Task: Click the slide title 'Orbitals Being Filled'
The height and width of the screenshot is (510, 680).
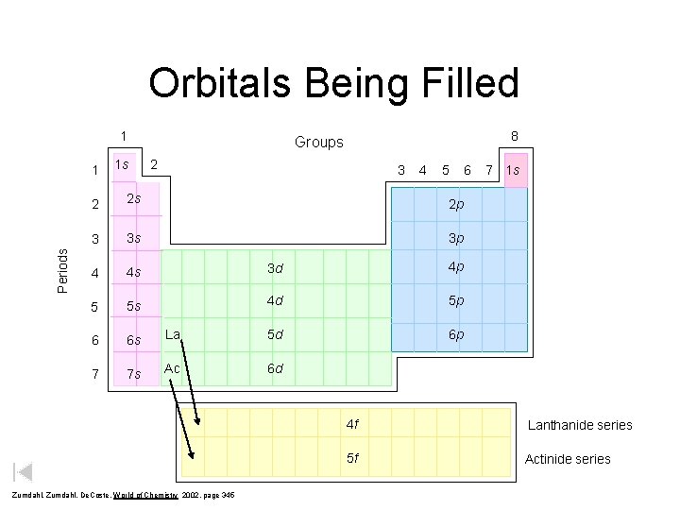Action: pos(333,83)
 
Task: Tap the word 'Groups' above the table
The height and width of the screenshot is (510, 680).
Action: pos(319,143)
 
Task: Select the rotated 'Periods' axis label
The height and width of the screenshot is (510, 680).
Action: pos(63,270)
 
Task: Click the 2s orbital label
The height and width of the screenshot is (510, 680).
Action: pos(134,198)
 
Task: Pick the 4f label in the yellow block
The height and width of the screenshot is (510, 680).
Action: pos(352,424)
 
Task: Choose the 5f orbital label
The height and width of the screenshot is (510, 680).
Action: pos(352,459)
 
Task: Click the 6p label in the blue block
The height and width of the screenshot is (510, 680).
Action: pos(456,334)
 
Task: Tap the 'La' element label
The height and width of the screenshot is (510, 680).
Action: pos(173,334)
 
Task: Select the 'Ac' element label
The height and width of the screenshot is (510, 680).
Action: pos(172,368)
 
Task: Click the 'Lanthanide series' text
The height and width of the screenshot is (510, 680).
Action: pos(580,425)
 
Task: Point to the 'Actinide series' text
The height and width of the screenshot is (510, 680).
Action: pos(568,459)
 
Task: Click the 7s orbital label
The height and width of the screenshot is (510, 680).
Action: pos(134,374)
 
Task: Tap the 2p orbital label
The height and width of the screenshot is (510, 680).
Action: pos(456,204)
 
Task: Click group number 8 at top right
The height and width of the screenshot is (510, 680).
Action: pos(514,136)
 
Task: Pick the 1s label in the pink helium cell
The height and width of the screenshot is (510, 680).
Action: pos(514,170)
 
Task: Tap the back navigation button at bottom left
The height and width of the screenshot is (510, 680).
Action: pos(24,472)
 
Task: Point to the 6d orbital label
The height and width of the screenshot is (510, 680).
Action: pos(275,368)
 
